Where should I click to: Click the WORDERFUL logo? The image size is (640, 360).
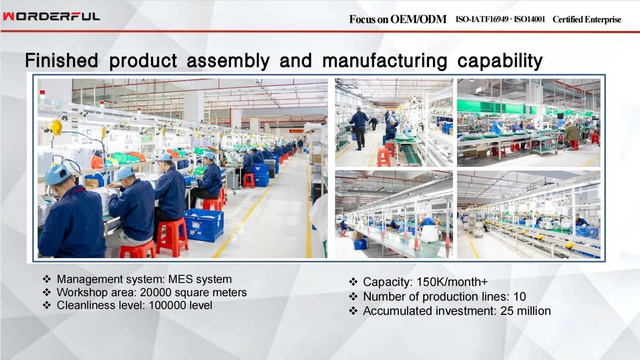[51, 16]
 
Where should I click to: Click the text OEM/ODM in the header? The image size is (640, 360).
[418, 19]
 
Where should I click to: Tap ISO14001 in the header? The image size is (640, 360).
[529, 19]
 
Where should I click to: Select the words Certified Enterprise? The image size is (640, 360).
[587, 19]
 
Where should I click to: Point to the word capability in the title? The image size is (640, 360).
[500, 61]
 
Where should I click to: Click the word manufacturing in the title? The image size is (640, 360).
[385, 61]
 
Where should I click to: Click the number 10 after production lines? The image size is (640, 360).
[519, 296]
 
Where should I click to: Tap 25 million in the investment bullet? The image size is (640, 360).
[525, 311]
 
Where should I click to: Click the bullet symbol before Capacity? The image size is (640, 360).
[353, 282]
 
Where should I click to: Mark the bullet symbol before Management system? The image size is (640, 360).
[47, 279]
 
